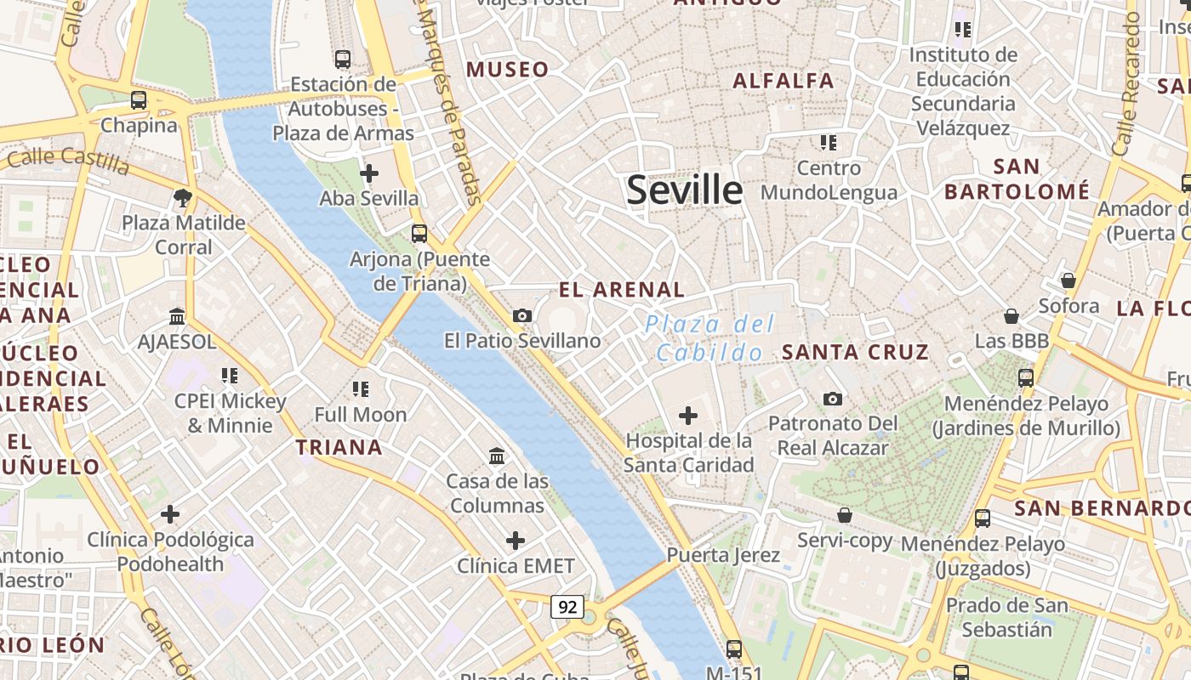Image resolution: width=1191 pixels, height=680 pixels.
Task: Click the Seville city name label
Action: (684, 190)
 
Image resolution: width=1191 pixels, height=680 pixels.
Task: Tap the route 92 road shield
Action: (567, 607)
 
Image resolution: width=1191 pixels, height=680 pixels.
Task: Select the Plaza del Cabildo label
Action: (709, 337)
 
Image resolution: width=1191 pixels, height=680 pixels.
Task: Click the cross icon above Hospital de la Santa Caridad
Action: (687, 416)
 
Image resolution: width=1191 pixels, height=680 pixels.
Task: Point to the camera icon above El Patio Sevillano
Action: (522, 316)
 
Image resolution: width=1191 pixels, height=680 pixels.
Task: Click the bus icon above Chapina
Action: (139, 100)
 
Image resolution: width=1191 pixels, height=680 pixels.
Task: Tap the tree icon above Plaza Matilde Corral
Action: (182, 199)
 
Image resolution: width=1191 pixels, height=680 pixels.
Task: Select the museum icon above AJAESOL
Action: (177, 317)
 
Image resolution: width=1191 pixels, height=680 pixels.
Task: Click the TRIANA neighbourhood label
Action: (339, 447)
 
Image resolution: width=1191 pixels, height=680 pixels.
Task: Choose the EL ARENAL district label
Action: (621, 290)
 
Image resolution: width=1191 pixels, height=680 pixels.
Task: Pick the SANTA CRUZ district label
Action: (855, 352)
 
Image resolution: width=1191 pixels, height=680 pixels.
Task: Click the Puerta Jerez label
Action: (722, 555)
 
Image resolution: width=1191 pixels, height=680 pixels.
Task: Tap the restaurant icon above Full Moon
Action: (361, 389)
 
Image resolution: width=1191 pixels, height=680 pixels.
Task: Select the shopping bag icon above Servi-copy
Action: (845, 515)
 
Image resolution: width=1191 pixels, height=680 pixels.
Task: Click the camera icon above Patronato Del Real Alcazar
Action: (833, 399)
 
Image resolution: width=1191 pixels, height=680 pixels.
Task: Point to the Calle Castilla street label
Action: (68, 161)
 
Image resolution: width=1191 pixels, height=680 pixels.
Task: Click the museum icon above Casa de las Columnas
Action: (498, 456)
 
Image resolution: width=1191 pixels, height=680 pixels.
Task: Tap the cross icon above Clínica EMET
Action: (516, 541)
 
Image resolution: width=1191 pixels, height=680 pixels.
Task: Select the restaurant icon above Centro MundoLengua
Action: (829, 143)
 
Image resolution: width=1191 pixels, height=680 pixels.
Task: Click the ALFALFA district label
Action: (783, 81)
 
